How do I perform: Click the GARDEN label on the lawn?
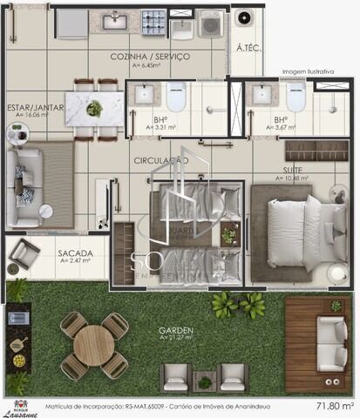click(x=175, y=331)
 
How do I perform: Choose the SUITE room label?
click(x=292, y=171)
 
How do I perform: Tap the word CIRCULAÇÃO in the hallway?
click(x=161, y=161)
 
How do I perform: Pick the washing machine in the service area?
click(x=210, y=24)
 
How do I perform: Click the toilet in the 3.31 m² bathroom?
click(x=176, y=97)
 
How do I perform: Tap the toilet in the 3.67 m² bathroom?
click(x=295, y=98)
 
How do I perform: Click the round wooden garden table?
click(x=94, y=346)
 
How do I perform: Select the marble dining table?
click(x=94, y=110)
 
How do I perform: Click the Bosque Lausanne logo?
click(x=19, y=408)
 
